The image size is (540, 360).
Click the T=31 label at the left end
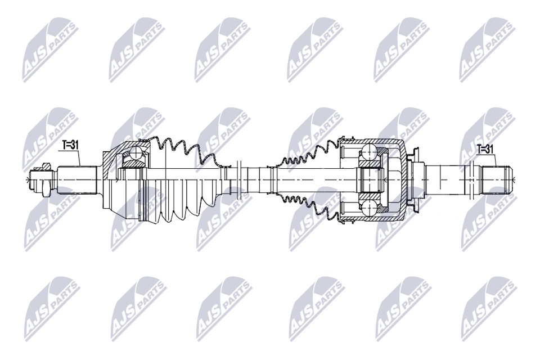(70, 145)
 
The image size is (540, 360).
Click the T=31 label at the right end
(485, 149)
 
